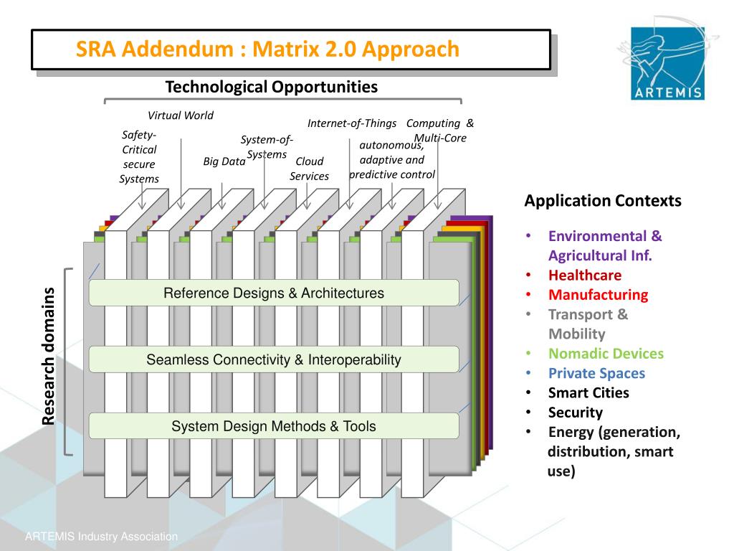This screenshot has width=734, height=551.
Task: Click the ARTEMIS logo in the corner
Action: point(668,63)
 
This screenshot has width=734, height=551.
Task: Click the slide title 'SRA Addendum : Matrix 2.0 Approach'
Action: point(267,50)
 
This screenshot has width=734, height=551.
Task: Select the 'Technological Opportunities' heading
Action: point(271,88)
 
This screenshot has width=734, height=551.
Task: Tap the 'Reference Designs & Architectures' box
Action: point(273,293)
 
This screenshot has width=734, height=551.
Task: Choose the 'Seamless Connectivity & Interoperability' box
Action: point(273,359)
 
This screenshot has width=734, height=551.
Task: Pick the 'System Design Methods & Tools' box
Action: point(273,426)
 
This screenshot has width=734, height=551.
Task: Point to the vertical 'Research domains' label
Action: point(48,356)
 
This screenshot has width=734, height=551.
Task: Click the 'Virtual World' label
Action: point(180,116)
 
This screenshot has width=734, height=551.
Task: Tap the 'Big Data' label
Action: point(224,161)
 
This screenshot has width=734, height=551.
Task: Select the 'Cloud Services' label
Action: point(309,169)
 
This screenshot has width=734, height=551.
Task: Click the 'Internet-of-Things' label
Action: point(351,123)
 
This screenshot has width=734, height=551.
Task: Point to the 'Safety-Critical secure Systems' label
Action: point(139,156)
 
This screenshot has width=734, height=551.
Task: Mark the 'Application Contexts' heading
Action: point(602,201)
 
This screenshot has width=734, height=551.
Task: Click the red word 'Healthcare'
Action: point(585,275)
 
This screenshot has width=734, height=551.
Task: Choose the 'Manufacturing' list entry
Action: point(598,294)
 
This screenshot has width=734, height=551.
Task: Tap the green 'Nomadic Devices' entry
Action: point(606,353)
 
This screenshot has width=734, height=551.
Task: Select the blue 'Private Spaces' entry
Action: point(596,373)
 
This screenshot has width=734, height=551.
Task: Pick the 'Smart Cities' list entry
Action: point(588,392)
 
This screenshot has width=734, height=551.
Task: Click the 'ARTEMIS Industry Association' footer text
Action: point(101,537)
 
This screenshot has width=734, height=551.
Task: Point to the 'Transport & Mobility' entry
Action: point(588,324)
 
